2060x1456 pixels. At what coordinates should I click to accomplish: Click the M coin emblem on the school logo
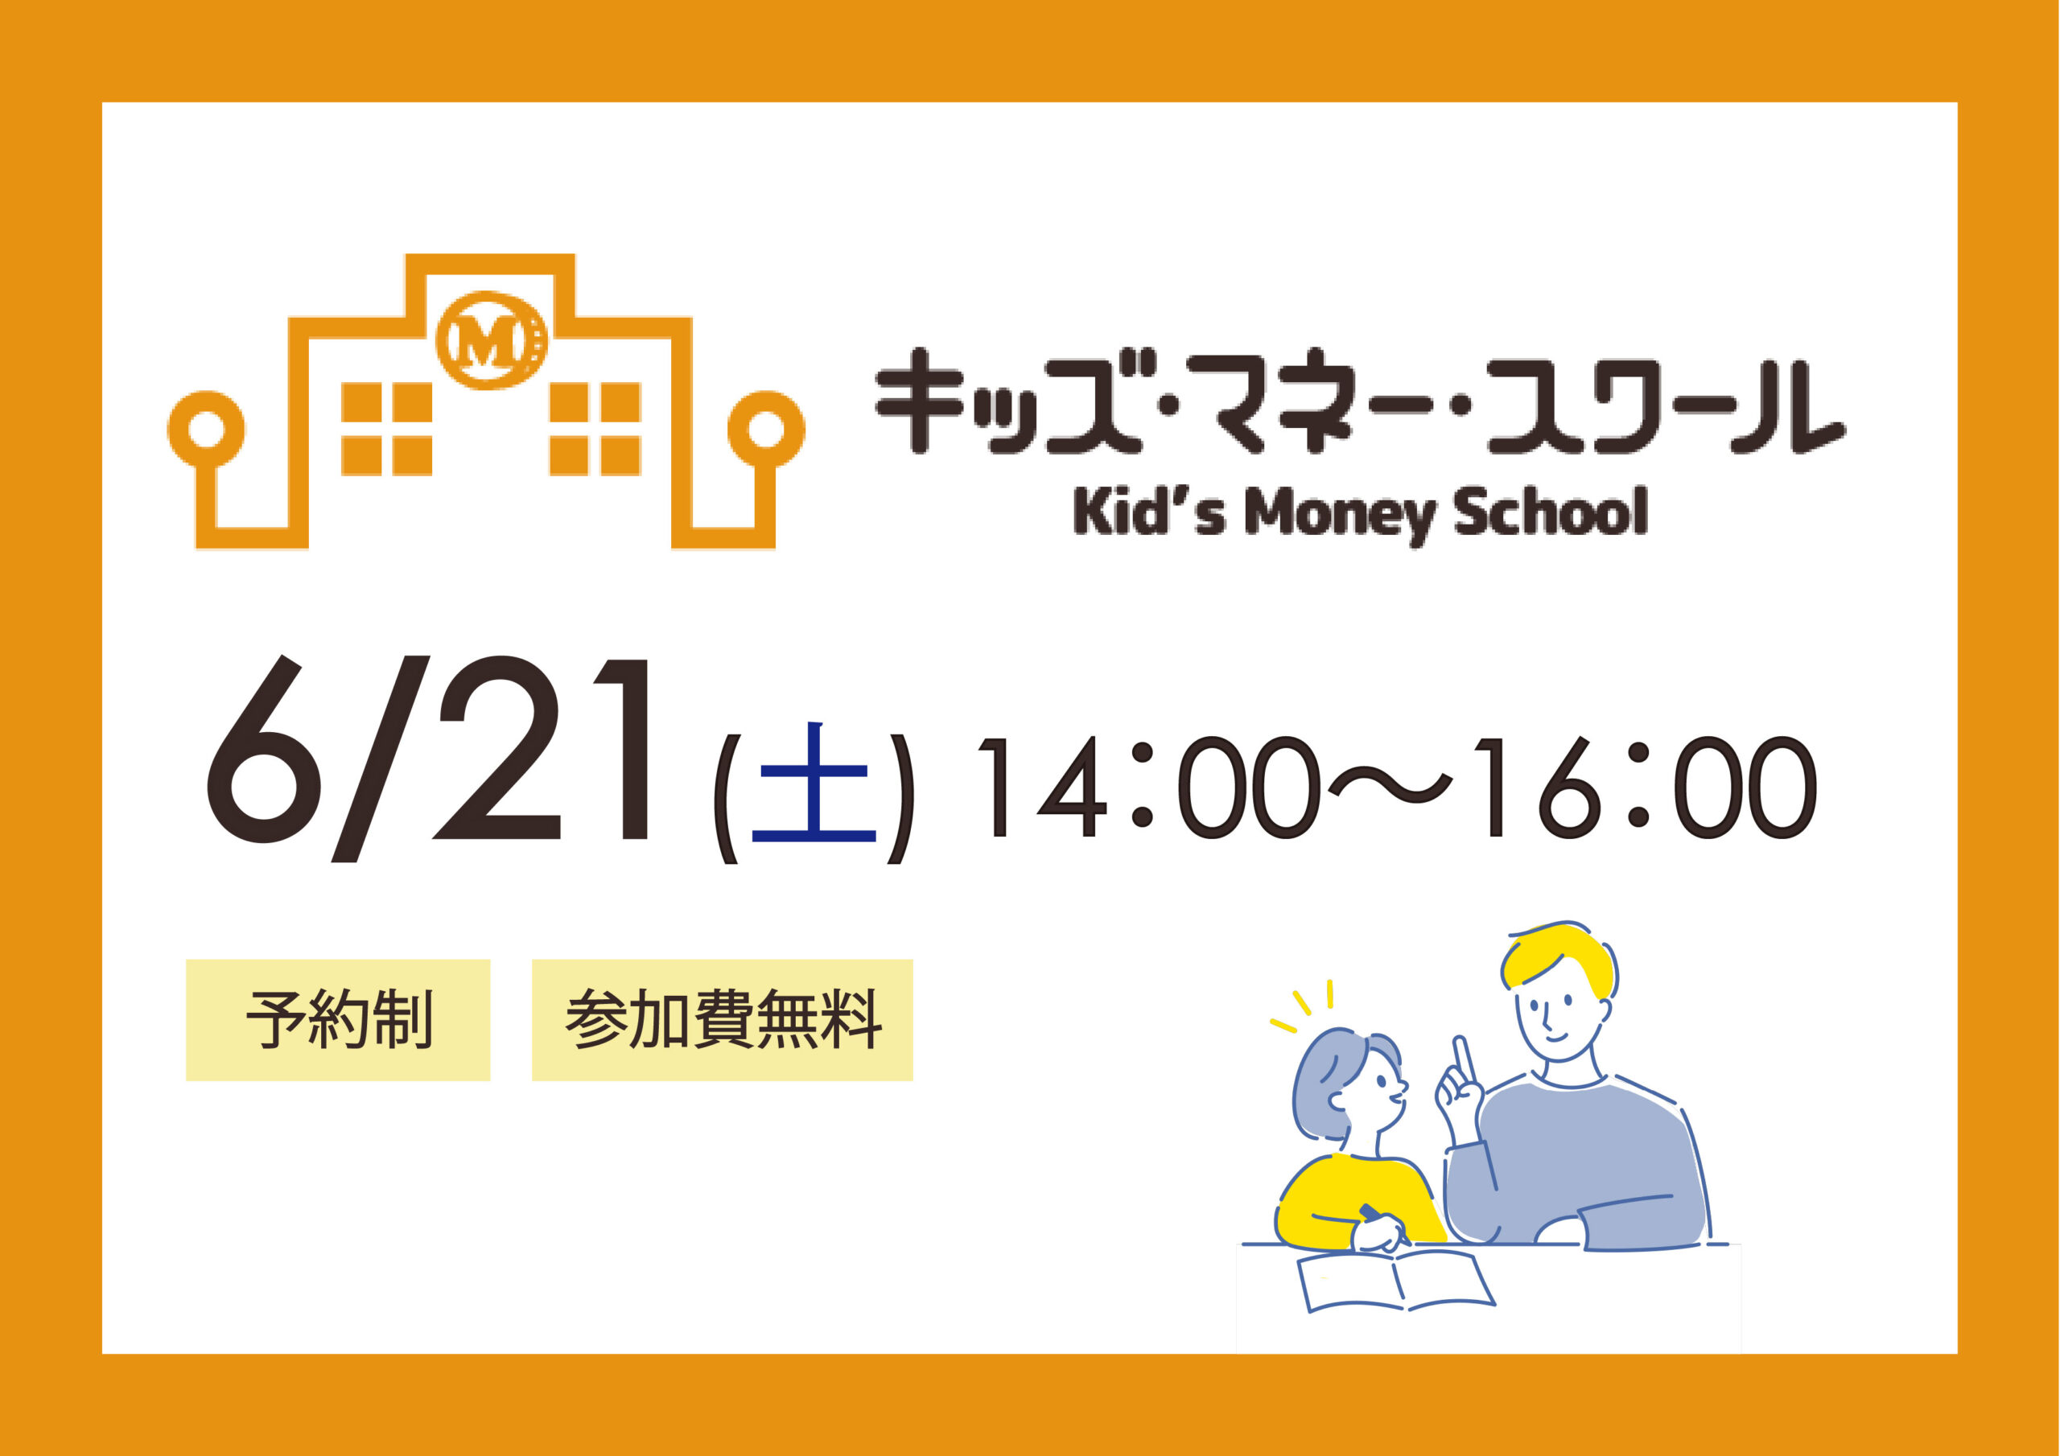491,340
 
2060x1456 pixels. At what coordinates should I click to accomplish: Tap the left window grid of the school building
387,429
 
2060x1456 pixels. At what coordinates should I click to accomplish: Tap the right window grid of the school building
595,429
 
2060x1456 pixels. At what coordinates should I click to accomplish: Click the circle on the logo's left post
205,430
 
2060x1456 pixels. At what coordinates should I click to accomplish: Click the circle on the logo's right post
765,430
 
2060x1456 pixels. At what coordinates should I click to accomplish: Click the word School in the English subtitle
1551,512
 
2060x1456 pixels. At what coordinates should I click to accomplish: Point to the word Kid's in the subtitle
1148,512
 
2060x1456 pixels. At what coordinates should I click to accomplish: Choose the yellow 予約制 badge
338,1020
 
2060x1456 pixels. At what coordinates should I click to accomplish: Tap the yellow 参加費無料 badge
723,1020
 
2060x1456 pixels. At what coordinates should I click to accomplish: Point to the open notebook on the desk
1396,1281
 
